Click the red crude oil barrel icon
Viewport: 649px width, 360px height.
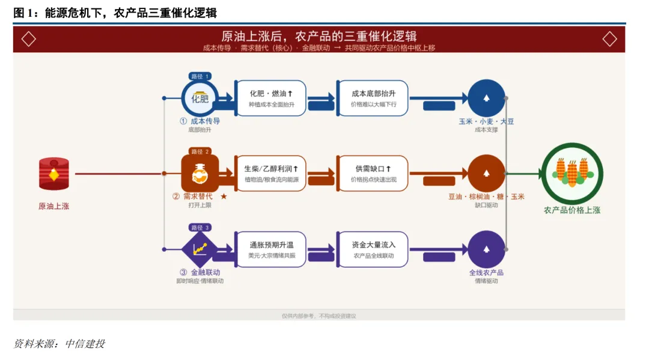[53, 174]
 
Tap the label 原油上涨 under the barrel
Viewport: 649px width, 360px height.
[53, 206]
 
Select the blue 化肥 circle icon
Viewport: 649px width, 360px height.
[200, 98]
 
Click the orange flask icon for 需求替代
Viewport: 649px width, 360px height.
[200, 174]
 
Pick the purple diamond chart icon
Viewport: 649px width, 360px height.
[200, 248]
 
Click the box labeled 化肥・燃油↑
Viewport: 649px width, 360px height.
[270, 98]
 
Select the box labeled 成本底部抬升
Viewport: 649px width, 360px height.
[373, 98]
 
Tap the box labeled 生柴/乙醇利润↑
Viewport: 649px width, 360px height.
[270, 174]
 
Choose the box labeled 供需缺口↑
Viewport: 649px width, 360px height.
[373, 174]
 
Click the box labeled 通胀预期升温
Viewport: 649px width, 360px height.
[270, 249]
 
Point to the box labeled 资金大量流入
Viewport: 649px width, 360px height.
[373, 249]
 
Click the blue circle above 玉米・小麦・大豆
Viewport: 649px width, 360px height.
[486, 98]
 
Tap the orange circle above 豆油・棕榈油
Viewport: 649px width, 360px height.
[486, 174]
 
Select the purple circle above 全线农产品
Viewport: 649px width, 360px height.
[486, 249]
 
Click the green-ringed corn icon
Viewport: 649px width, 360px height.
[571, 173]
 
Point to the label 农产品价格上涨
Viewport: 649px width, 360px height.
[571, 210]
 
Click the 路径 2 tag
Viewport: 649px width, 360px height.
[200, 151]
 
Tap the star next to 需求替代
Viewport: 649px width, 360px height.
[224, 197]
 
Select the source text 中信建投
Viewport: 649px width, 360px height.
[85, 344]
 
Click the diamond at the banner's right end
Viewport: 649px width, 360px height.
[609, 39]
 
